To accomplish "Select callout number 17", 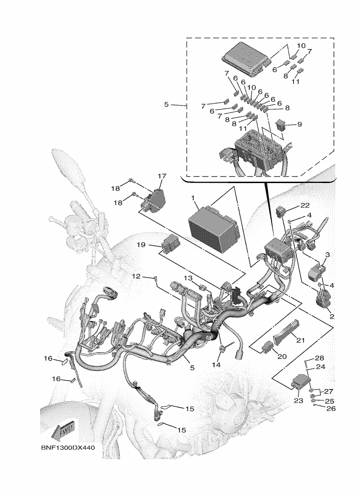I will [x=162, y=176].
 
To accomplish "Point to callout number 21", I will [x=301, y=340].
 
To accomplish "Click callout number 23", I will [x=299, y=400].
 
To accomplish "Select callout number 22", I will [x=305, y=205].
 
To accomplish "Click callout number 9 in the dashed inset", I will [x=300, y=125].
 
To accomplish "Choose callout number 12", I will [x=135, y=277].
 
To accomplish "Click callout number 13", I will [x=187, y=278].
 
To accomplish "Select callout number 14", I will [x=216, y=364].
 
